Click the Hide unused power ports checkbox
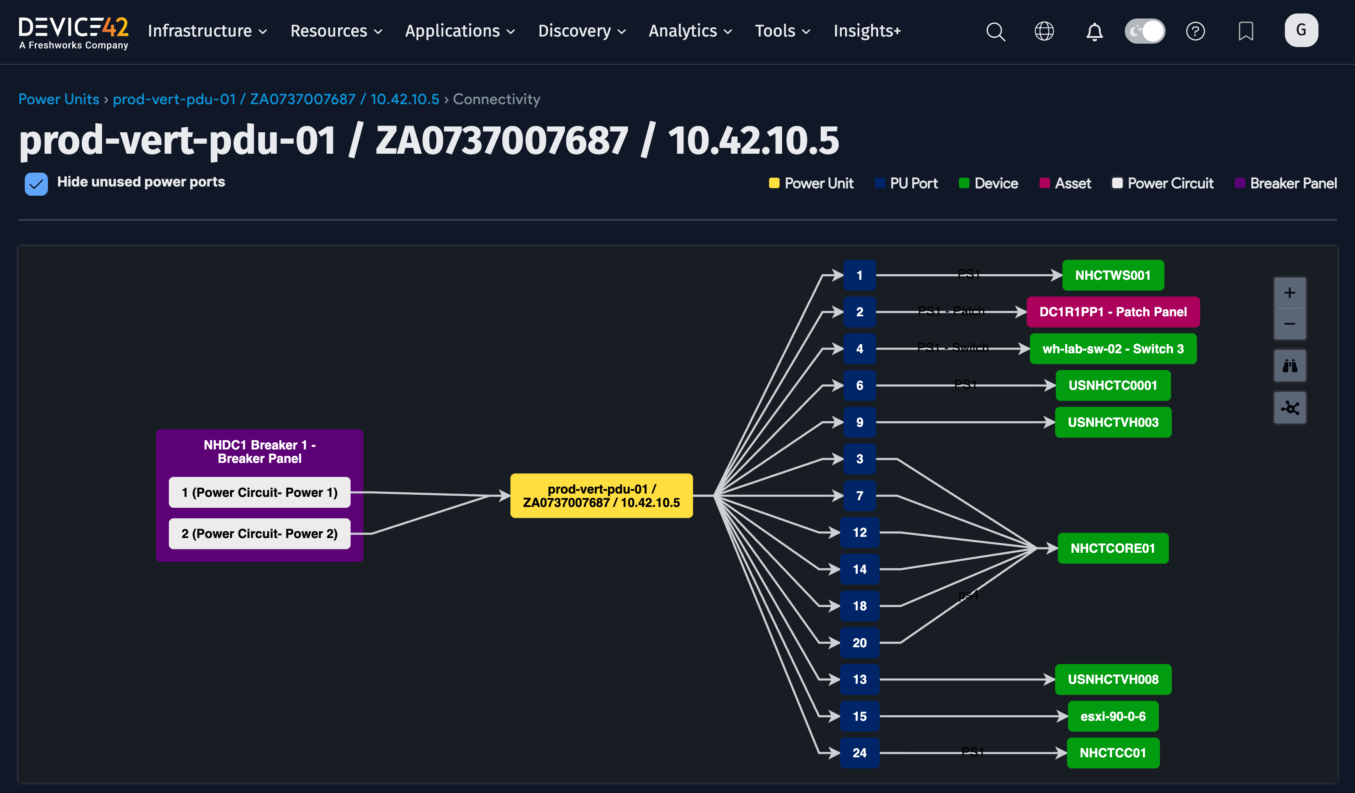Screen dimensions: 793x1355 [36, 184]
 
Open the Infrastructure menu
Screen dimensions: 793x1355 [207, 31]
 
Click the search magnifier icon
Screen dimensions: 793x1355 [995, 31]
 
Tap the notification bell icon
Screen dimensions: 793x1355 [1094, 31]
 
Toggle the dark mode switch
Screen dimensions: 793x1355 [1145, 31]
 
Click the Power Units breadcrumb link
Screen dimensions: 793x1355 [59, 99]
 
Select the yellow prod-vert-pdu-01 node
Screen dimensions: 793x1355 [601, 496]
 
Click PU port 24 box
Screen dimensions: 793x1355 [859, 753]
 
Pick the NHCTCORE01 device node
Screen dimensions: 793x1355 [1113, 549]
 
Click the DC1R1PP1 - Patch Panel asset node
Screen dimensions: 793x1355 [1113, 312]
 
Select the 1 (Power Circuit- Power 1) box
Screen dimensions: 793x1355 [259, 492]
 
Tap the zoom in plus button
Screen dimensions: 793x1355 [1289, 293]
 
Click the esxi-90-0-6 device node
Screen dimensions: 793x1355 [1113, 716]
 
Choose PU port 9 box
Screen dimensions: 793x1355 [859, 422]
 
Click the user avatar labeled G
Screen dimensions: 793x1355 [1301, 30]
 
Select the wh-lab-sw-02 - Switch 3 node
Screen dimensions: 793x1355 [1113, 349]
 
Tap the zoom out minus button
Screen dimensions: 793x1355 [1289, 324]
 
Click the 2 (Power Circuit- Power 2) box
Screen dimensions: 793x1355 [259, 533]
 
